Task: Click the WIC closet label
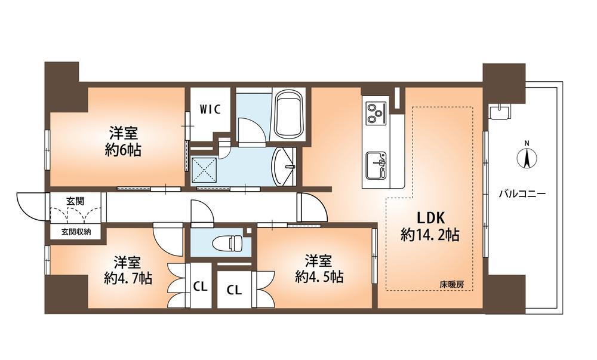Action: [x=210, y=109]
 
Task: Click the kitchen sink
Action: [x=376, y=163]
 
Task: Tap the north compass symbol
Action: [x=527, y=157]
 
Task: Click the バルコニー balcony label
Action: [x=522, y=194]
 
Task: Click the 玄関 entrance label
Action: [x=75, y=201]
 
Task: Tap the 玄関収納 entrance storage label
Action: [x=75, y=232]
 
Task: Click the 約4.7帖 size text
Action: [x=127, y=278]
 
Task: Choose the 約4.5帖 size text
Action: [x=319, y=276]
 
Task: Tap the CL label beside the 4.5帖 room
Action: [x=234, y=290]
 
